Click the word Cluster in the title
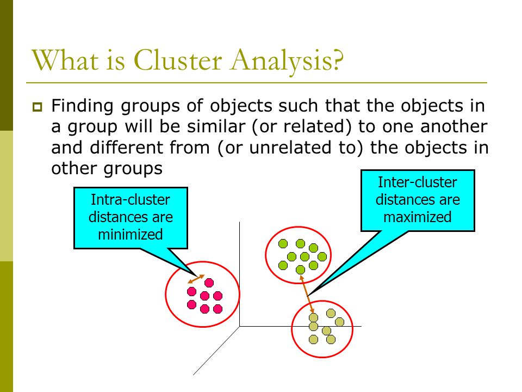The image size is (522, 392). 178,60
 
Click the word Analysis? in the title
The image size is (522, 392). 287,62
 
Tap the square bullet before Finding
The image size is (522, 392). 38,107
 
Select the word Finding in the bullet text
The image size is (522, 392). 82,107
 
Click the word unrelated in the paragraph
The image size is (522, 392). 290,148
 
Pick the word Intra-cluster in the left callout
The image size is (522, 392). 130,200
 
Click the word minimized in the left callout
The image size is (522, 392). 130,234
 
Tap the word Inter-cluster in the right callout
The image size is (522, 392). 418,182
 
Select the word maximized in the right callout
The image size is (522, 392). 418,217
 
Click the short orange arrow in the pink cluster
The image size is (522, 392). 196,279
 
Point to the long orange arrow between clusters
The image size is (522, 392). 307,295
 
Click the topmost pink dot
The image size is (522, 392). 209,283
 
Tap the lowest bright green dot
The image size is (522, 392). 300,269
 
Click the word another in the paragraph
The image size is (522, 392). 453,126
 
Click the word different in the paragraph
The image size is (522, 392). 126,148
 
